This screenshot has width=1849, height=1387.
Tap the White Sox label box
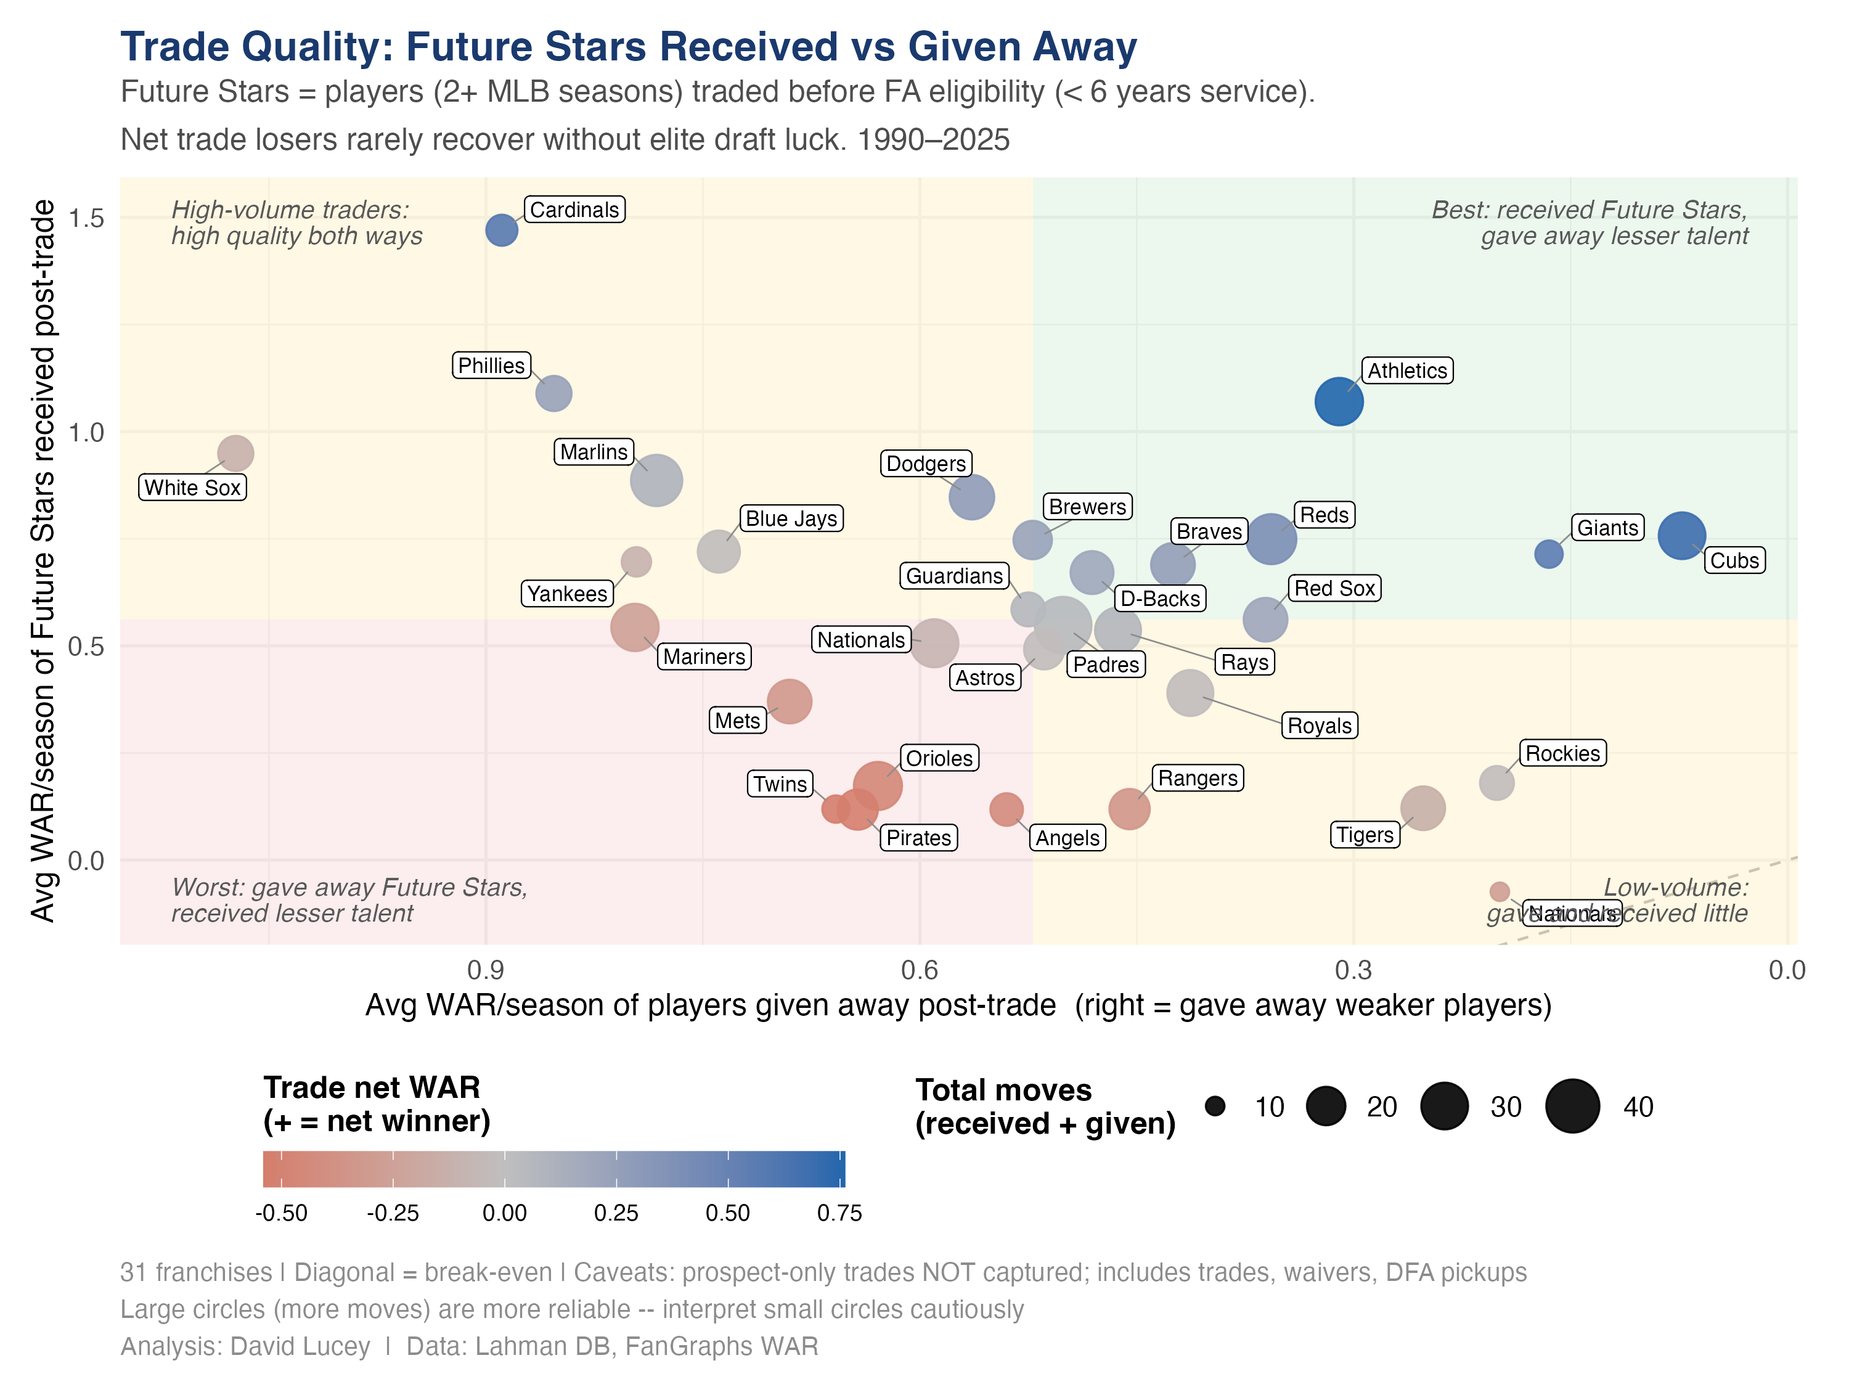coord(192,488)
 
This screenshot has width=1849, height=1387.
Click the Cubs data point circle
coord(1681,535)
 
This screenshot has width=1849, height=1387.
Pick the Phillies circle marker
coord(553,393)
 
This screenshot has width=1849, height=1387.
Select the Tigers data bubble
coord(1422,808)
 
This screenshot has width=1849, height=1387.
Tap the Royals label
coord(1318,725)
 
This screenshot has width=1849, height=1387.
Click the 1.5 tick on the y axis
coord(86,218)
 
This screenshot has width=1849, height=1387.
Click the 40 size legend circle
coord(1572,1106)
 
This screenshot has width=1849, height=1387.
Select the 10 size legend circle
coord(1215,1106)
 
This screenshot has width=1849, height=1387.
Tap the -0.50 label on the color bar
coord(282,1213)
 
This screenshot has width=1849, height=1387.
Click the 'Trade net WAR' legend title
coord(372,1087)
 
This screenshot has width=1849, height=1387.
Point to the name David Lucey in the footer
coord(300,1346)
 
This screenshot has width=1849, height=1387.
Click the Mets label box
coord(737,720)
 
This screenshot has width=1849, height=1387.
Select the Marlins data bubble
coord(656,481)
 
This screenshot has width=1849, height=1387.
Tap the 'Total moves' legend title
coord(1003,1090)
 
